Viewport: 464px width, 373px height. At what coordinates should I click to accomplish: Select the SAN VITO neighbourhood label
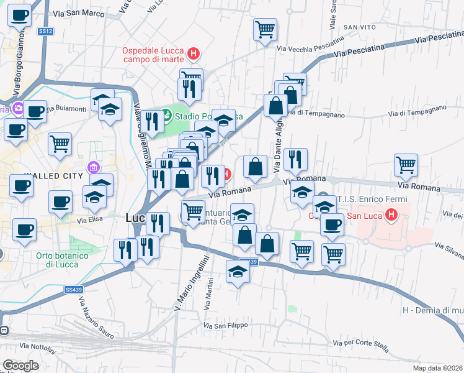[360, 27]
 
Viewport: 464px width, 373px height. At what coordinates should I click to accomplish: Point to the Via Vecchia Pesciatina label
[311, 45]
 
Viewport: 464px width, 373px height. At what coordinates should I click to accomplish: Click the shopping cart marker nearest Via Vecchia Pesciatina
[265, 29]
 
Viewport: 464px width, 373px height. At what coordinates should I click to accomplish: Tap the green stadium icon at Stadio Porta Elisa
[166, 115]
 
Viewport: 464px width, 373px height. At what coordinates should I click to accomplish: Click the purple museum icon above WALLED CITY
[94, 167]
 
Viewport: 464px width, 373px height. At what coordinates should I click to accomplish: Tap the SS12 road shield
[45, 31]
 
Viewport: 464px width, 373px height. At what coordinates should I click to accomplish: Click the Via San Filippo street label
[226, 325]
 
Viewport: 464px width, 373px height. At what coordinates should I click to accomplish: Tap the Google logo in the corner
[20, 366]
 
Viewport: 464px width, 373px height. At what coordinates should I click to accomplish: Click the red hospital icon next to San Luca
[391, 216]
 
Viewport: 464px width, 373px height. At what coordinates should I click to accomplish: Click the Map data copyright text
[436, 368]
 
